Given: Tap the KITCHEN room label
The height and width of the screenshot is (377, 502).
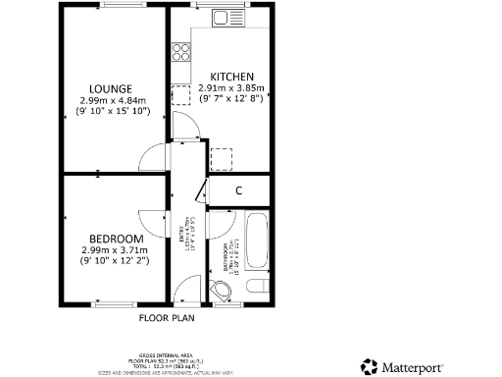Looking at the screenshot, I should (233, 77).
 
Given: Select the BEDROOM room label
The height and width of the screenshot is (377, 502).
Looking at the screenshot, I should (116, 239).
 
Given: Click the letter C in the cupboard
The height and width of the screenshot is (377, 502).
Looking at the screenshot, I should (238, 190).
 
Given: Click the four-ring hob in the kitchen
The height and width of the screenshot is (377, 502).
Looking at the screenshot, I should (181, 51).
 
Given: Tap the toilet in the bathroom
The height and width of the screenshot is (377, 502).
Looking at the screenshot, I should (258, 286).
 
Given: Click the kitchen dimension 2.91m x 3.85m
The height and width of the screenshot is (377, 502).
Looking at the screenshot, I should (233, 88).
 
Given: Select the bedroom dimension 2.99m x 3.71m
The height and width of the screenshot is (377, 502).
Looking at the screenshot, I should (116, 250).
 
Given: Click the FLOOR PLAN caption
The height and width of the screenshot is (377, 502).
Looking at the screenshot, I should (167, 318).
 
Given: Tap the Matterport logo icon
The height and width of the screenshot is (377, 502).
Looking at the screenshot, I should (370, 366).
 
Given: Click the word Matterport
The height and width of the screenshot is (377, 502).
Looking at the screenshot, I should (413, 366).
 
